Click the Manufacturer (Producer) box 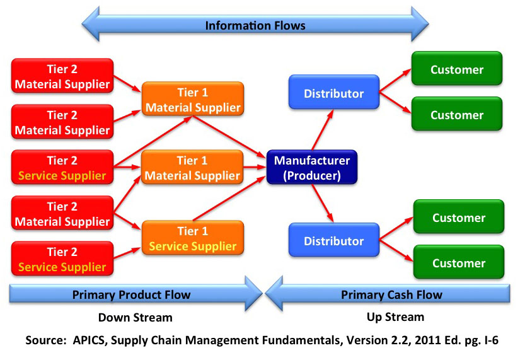(312, 167)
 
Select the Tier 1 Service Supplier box (193, 238)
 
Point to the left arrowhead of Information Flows (91, 24)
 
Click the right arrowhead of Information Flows (420, 24)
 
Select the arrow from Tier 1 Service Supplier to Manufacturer (229, 199)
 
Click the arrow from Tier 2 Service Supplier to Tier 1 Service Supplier (128, 253)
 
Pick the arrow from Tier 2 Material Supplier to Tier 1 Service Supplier (128, 221)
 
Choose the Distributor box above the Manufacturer (334, 92)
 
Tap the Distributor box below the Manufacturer (334, 240)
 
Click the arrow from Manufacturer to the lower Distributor (322, 203)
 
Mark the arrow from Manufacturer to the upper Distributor (322, 130)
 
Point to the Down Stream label (136, 318)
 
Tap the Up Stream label (395, 317)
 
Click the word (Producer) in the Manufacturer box (312, 175)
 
